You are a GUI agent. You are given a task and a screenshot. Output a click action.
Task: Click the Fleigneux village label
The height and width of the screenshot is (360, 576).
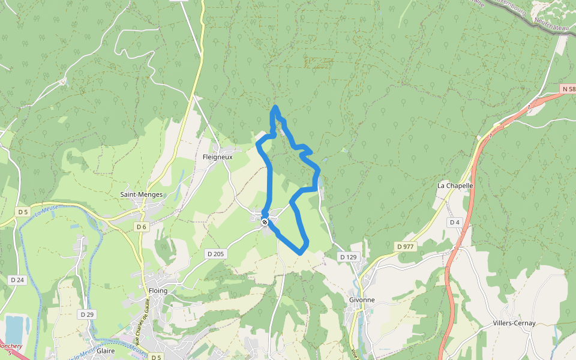pos(217,157)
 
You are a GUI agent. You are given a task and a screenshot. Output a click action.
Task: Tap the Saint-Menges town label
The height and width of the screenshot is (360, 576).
pos(141,194)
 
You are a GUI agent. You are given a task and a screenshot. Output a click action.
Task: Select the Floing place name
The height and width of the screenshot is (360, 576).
pos(158,290)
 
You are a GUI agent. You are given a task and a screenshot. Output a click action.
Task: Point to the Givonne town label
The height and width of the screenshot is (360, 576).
pos(362,299)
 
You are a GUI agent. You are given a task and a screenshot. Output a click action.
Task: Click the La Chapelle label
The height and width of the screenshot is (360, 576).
pos(455,185)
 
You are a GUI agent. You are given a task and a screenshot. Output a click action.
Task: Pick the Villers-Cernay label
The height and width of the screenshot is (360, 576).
pos(514,323)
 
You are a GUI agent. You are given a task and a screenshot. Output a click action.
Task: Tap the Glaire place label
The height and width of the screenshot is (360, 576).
pos(106,351)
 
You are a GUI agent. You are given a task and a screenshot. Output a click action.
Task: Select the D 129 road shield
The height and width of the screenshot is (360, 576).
pos(348,257)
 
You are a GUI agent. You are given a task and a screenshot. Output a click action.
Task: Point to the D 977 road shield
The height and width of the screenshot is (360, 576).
pos(406,246)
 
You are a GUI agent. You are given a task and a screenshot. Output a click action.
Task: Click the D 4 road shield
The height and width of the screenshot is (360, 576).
pos(454,223)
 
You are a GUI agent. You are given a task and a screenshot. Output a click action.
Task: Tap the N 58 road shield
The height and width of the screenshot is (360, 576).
pos(568,89)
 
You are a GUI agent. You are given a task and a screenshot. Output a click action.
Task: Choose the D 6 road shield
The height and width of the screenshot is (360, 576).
pos(141,227)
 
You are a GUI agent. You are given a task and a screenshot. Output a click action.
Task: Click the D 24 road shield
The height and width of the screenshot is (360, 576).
pos(17,280)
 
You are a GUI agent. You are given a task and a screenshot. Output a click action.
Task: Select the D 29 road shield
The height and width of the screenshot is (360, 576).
pos(87,314)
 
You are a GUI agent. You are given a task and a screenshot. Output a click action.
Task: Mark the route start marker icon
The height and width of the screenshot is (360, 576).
pos(264,222)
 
